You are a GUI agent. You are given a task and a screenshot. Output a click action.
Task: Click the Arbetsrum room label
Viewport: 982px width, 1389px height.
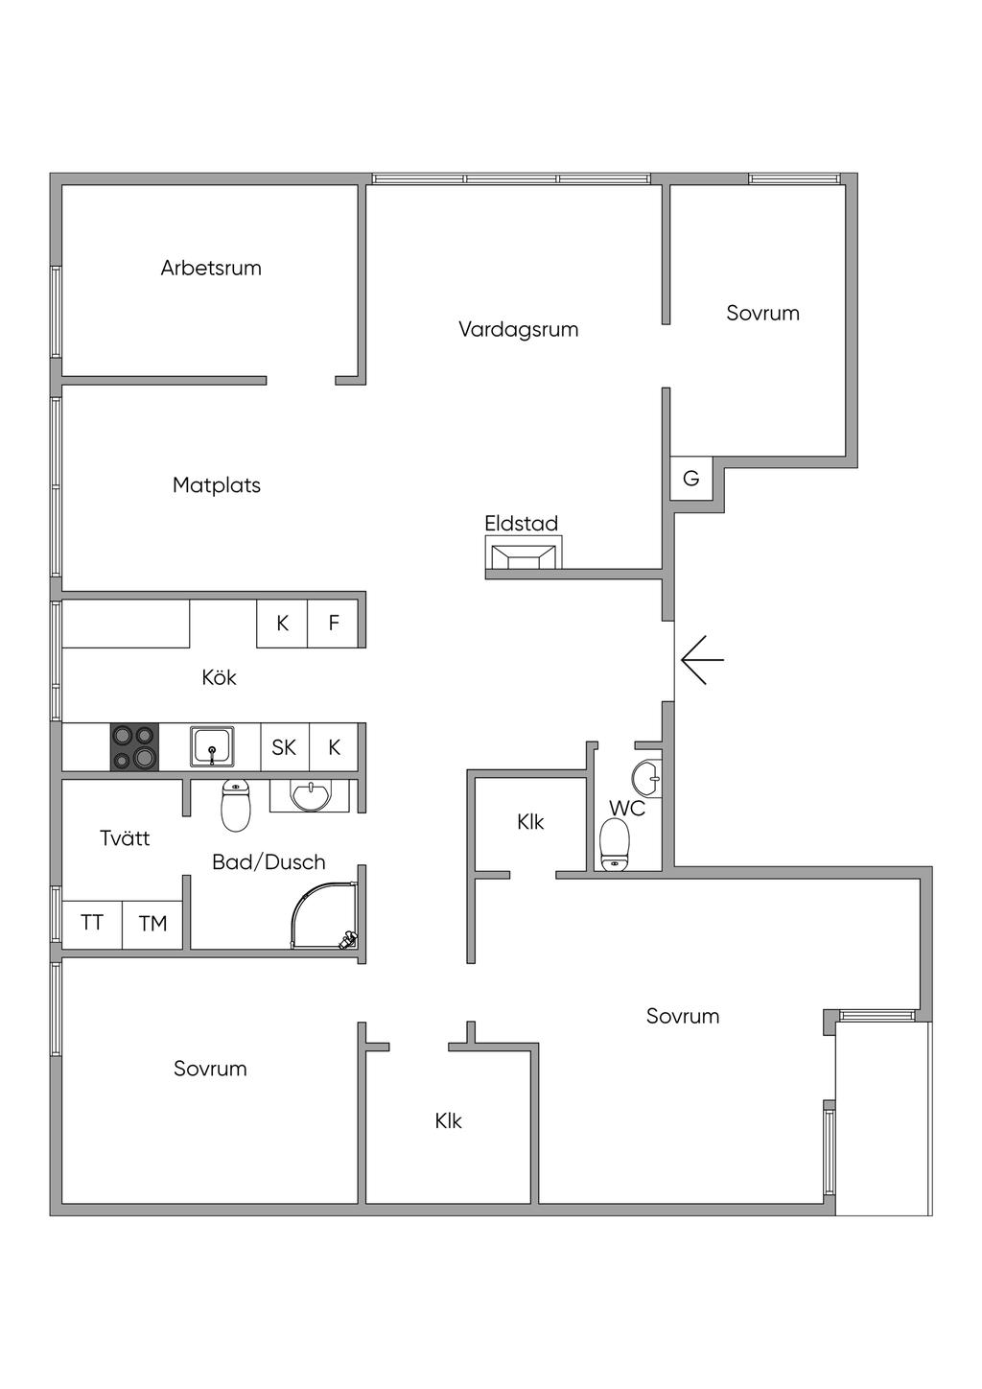(211, 268)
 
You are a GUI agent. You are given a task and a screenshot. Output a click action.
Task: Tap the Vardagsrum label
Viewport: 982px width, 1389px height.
(518, 330)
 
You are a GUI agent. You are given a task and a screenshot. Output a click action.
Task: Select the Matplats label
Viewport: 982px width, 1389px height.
(217, 485)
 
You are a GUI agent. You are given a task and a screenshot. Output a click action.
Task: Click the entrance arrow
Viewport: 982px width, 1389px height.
(702, 660)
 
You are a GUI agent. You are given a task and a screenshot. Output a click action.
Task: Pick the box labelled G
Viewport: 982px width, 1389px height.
(690, 478)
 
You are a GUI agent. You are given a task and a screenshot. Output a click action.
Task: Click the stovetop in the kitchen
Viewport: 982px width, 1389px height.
(134, 746)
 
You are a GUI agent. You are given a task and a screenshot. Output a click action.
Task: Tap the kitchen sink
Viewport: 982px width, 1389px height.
(212, 746)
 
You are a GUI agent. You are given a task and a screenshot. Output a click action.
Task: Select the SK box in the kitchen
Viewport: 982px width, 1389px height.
(284, 747)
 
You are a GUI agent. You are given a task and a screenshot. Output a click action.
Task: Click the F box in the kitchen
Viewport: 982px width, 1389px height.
(334, 624)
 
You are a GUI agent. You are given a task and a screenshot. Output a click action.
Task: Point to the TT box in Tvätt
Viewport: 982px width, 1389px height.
(92, 924)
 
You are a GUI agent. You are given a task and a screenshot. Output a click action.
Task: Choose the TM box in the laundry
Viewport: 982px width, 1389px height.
(152, 924)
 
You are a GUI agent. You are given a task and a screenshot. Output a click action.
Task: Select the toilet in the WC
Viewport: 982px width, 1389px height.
(615, 845)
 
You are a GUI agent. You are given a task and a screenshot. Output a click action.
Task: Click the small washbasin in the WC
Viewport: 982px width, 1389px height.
(647, 777)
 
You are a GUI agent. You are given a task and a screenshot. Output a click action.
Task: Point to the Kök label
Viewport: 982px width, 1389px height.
(219, 678)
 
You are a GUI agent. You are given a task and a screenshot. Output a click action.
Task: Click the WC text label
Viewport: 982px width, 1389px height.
(627, 809)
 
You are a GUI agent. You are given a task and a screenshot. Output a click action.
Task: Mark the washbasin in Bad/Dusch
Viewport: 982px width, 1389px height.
(309, 795)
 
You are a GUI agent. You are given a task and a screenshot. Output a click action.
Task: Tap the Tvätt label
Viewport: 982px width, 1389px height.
(125, 838)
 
